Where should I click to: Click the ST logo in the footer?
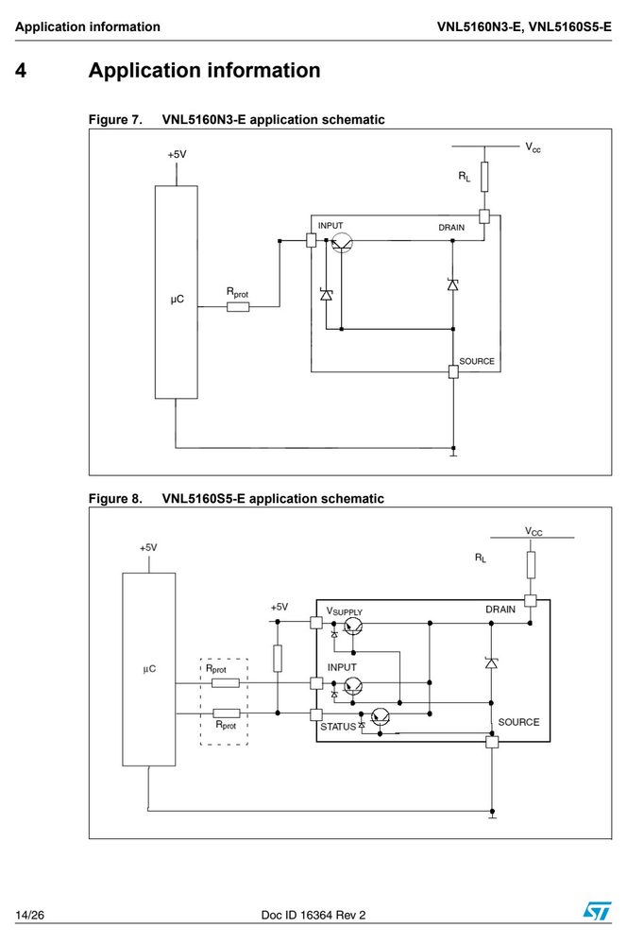pyautogui.click(x=596, y=910)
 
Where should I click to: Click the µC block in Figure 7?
pyautogui.click(x=176, y=292)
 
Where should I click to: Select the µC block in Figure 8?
pyautogui.click(x=149, y=669)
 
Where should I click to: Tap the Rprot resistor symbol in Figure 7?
pyautogui.click(x=238, y=307)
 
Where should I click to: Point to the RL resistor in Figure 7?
pyautogui.click(x=484, y=177)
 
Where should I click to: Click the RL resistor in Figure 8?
pyautogui.click(x=531, y=565)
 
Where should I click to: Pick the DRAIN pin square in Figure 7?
pyautogui.click(x=484, y=215)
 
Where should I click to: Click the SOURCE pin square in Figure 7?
pyautogui.click(x=453, y=371)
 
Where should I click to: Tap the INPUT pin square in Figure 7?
pyautogui.click(x=312, y=240)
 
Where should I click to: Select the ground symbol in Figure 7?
pyautogui.click(x=453, y=452)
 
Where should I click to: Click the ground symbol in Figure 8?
pyautogui.click(x=492, y=815)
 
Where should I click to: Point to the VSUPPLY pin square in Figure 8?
pyautogui.click(x=316, y=623)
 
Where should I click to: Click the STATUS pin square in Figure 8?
pyautogui.click(x=316, y=714)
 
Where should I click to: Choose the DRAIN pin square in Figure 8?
pyautogui.click(x=531, y=600)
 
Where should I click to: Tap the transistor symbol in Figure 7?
pyautogui.click(x=342, y=243)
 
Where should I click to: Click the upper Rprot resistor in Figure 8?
pyautogui.click(x=226, y=683)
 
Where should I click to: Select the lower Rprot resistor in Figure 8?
pyautogui.click(x=226, y=713)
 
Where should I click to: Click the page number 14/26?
pyautogui.click(x=29, y=915)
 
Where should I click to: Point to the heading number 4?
pyautogui.click(x=21, y=71)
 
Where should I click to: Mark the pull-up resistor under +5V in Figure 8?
pyautogui.click(x=278, y=658)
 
